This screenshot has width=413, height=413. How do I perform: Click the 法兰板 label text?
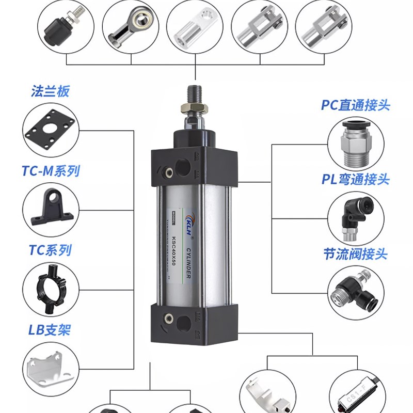coord(50,92)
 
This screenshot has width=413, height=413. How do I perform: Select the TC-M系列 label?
coord(51,171)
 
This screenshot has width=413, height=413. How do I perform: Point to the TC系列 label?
coord(50,251)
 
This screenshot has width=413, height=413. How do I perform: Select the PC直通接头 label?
coord(356,105)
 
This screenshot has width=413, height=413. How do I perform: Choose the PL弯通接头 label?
coord(356,180)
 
